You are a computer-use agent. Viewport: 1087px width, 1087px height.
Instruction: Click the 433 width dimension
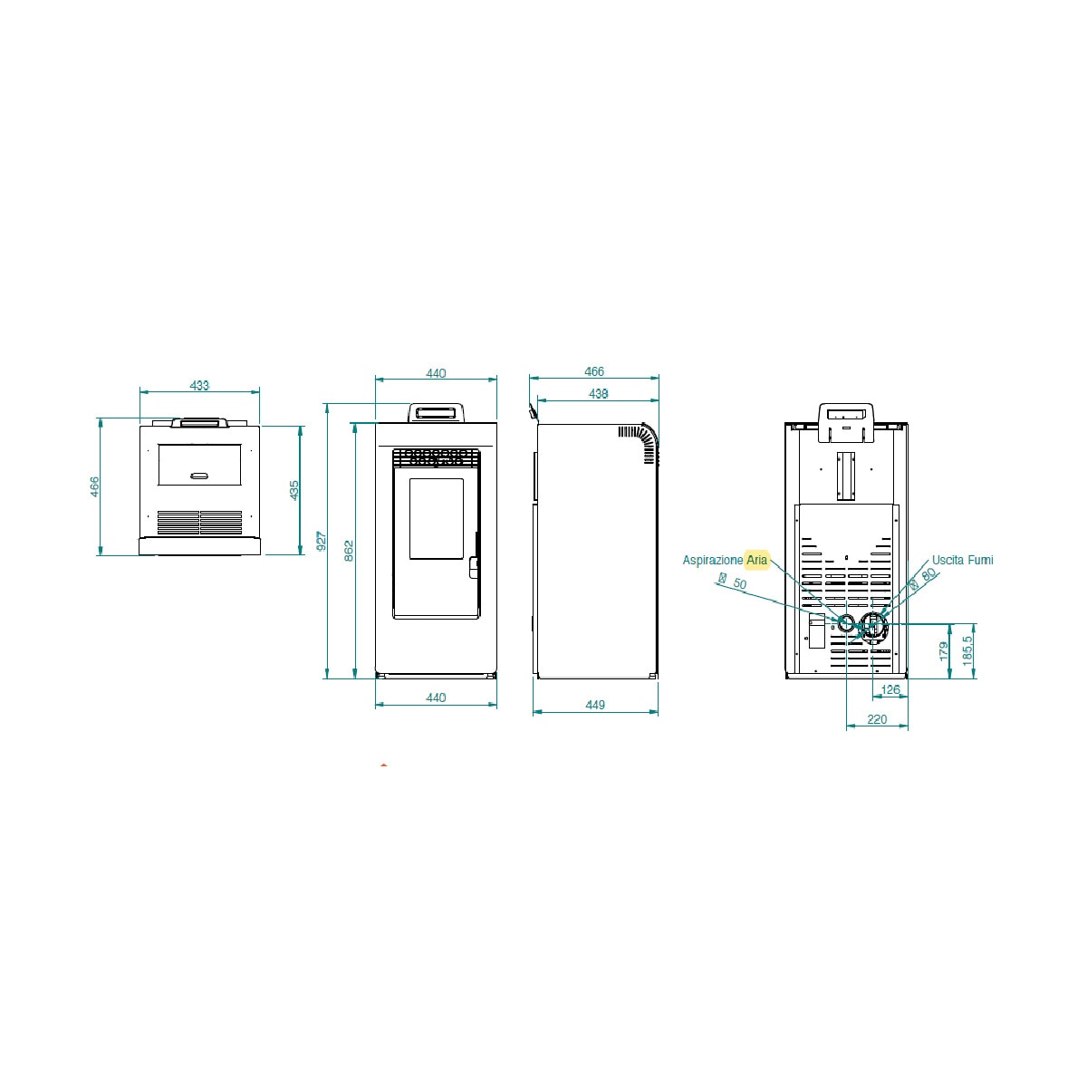click(199, 385)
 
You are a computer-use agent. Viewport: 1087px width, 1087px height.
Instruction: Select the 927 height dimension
click(321, 541)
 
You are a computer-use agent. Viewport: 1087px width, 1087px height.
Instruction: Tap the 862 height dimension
click(349, 551)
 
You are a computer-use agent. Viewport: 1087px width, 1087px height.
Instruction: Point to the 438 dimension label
click(598, 394)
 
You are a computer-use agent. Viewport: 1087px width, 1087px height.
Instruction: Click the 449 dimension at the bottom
click(595, 705)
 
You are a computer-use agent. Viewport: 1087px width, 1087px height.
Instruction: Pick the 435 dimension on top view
click(293, 490)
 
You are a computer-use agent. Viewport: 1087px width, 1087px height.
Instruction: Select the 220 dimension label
click(877, 719)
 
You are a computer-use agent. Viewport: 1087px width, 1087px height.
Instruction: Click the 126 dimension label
click(890, 689)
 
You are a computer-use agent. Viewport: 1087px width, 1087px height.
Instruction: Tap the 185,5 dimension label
click(967, 650)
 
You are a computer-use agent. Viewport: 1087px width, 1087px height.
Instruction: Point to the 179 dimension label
click(944, 651)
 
